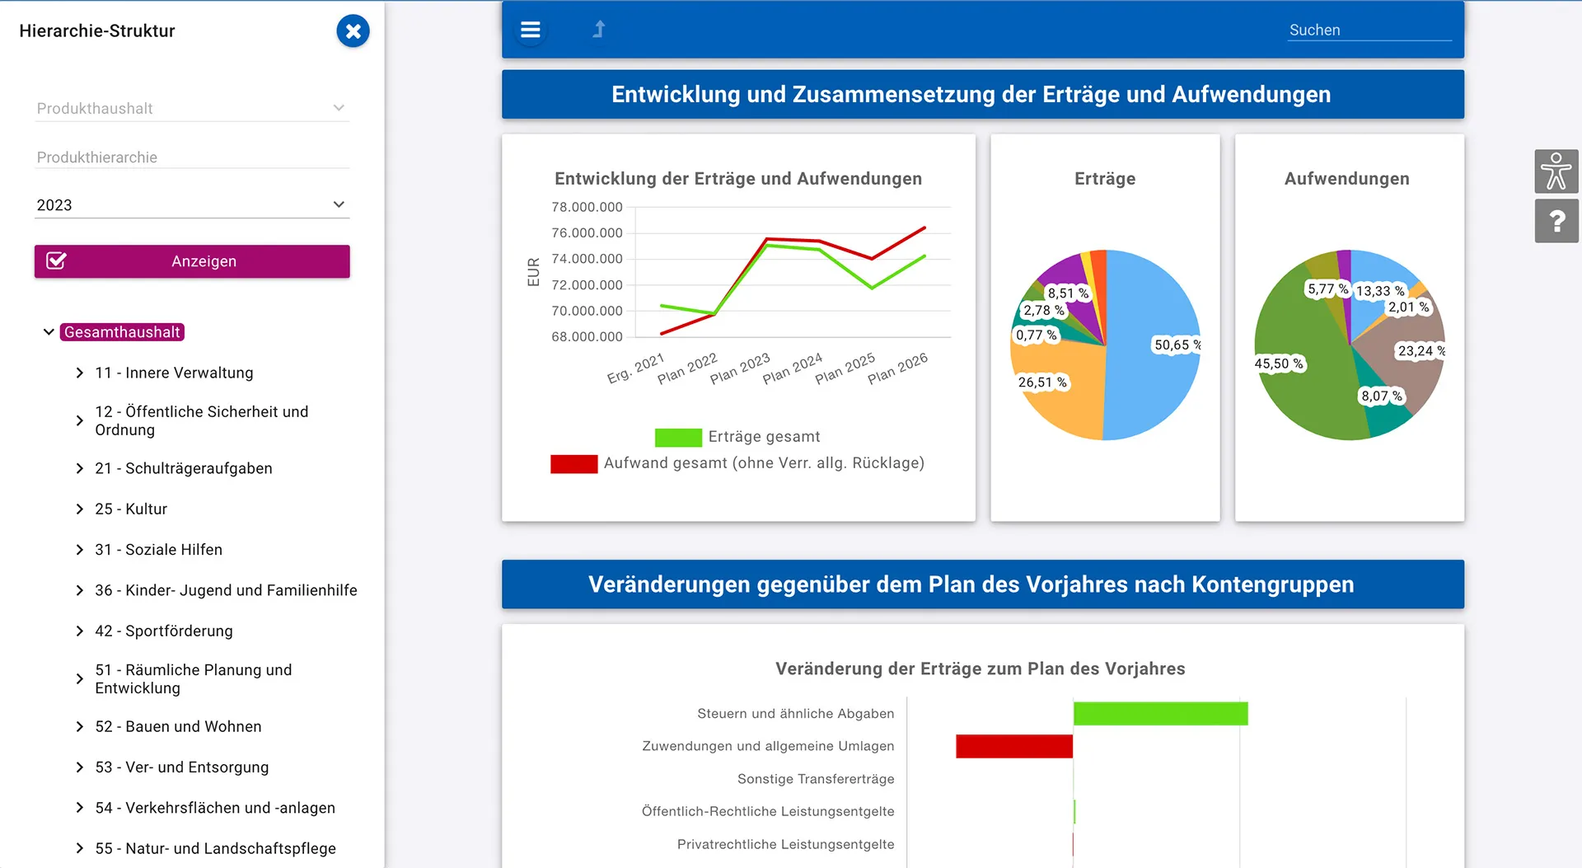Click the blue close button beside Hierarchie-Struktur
(x=353, y=31)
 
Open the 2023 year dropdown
(x=192, y=204)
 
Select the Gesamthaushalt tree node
(x=123, y=332)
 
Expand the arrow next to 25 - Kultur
(x=79, y=509)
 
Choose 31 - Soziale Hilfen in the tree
(x=158, y=550)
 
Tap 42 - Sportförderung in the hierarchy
(x=164, y=631)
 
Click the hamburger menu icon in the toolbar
(x=531, y=30)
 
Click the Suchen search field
(x=1369, y=30)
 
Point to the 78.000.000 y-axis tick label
(x=587, y=207)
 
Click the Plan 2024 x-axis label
(x=792, y=368)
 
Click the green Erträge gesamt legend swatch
(x=678, y=438)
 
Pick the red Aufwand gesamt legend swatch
(x=574, y=464)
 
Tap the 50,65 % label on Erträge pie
(x=1177, y=345)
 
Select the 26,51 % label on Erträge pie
(x=1042, y=382)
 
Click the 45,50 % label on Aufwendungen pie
(x=1279, y=364)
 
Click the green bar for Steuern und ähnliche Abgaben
(x=1161, y=714)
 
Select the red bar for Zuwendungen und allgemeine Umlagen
(x=1014, y=747)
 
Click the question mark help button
(x=1556, y=221)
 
